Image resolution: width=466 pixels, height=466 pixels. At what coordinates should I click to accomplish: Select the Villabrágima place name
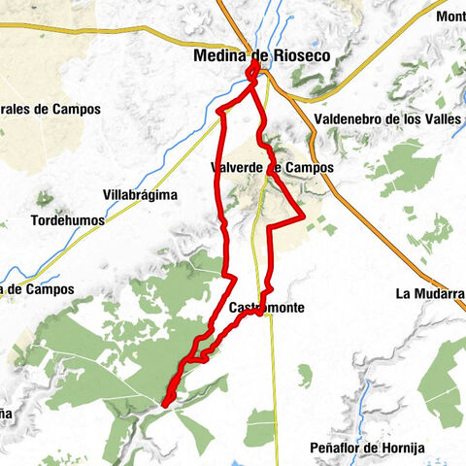(141, 195)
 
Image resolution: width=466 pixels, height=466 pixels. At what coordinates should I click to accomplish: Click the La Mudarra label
(430, 293)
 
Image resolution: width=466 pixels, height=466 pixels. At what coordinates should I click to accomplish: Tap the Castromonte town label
(268, 308)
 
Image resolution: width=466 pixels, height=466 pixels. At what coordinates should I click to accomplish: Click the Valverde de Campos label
(272, 168)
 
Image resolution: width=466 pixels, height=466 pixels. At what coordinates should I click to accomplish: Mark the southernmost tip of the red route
(166, 403)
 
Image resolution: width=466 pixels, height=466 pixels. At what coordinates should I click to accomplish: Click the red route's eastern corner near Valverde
(304, 216)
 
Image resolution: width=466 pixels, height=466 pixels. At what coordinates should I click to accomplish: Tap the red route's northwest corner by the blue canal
(219, 111)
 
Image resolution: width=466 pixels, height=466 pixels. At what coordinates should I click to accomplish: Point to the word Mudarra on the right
(439, 293)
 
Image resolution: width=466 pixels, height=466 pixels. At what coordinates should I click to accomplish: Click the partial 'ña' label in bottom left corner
(6, 415)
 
